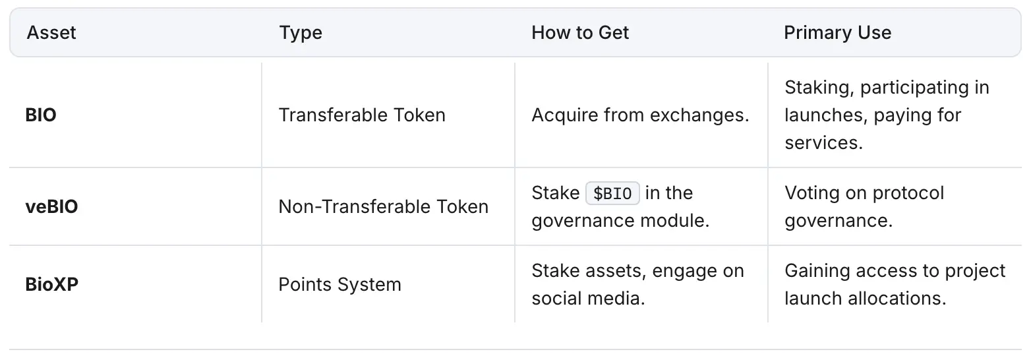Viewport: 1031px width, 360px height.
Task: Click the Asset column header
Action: [51, 33]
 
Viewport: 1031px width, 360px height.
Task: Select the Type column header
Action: [301, 33]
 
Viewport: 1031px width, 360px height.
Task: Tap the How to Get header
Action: [580, 33]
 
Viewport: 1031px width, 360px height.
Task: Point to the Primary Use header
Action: [838, 33]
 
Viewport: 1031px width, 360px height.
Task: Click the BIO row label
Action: [41, 115]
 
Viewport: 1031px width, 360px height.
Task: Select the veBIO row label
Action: [51, 206]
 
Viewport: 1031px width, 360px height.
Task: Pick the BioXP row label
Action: [52, 284]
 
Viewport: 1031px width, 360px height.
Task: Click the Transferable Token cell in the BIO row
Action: [362, 115]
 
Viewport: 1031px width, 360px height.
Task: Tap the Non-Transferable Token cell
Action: [384, 206]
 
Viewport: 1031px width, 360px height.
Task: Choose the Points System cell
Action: [340, 285]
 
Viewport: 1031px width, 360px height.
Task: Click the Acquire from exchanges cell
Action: [640, 115]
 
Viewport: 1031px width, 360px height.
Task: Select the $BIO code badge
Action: [612, 193]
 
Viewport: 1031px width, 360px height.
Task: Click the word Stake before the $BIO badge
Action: [556, 193]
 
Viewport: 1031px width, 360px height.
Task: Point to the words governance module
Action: [620, 221]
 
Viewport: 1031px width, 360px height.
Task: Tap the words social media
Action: [588, 299]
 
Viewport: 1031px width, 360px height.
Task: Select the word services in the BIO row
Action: [823, 143]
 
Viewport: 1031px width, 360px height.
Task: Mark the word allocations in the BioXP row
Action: [897, 299]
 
